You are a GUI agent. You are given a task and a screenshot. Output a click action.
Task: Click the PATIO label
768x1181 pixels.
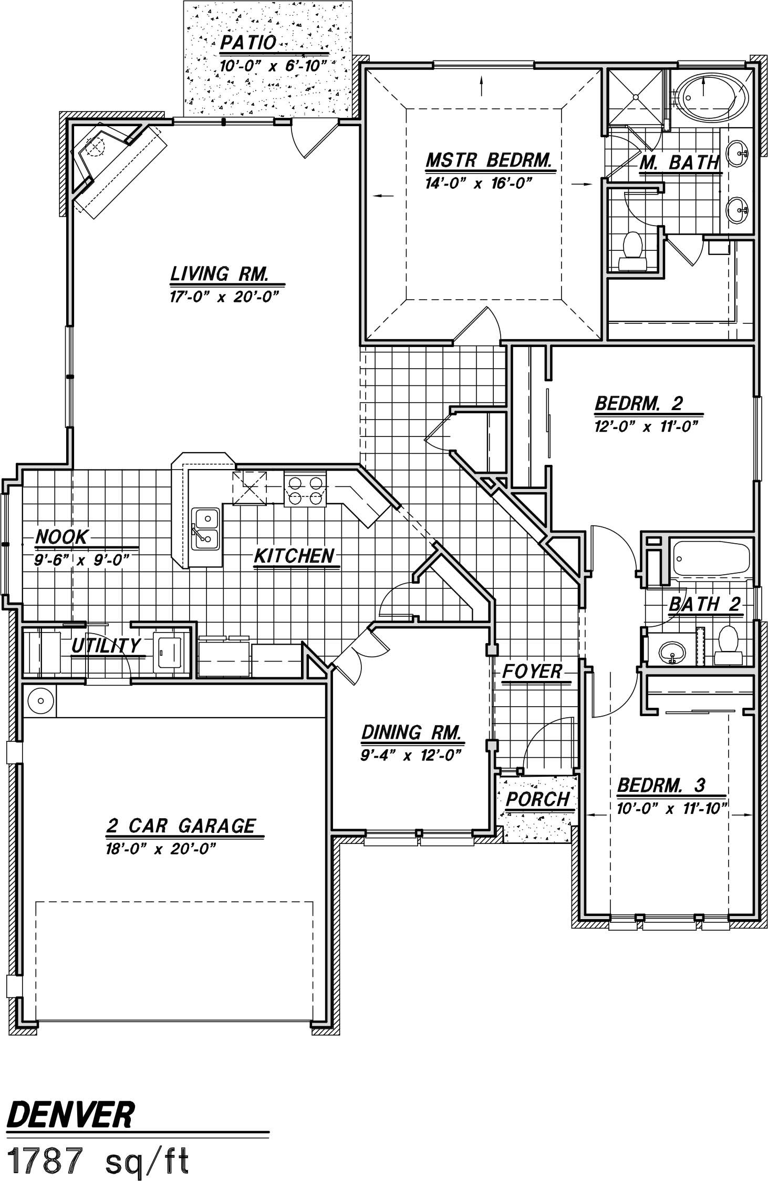click(248, 43)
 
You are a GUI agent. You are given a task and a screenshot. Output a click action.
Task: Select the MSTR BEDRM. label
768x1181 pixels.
click(489, 160)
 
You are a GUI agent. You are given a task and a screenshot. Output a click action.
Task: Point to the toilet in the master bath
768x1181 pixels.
click(631, 251)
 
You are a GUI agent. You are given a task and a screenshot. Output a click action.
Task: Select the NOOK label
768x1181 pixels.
click(61, 537)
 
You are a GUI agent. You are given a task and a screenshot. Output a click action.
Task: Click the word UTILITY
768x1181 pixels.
click(106, 646)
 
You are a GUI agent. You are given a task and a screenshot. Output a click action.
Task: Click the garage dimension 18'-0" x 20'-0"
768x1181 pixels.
click(161, 849)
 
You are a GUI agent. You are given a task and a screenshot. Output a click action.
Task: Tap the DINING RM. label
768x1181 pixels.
click(411, 732)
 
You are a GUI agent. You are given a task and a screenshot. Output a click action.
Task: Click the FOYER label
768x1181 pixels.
click(532, 671)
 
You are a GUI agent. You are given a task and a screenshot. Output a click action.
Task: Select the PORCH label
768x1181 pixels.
click(537, 799)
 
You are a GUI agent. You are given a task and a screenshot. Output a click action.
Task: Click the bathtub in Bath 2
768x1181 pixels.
click(712, 559)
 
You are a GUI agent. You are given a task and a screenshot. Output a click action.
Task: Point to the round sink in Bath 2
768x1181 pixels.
click(672, 653)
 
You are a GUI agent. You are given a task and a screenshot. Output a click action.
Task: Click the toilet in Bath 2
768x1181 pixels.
click(728, 644)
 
